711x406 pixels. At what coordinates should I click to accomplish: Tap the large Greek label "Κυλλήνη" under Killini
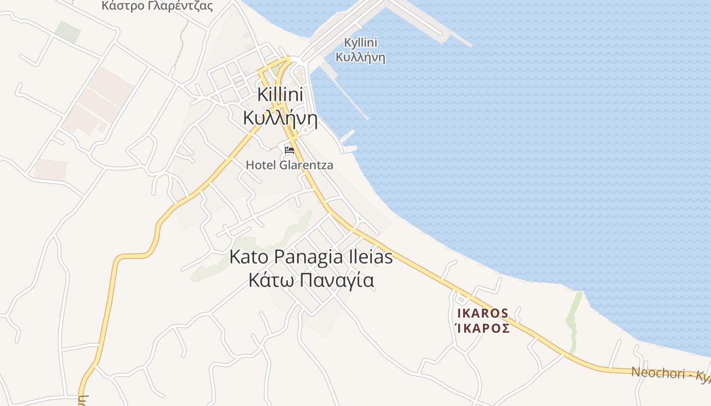click(280, 118)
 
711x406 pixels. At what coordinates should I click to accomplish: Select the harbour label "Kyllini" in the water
click(361, 43)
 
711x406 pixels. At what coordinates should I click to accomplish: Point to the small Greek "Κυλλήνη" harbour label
click(361, 57)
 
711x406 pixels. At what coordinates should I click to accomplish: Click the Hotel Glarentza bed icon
click(289, 150)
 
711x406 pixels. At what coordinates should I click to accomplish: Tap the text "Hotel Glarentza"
click(289, 165)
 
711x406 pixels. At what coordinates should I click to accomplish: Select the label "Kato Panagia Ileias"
click(311, 257)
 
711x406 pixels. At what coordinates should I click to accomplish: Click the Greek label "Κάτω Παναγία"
click(311, 280)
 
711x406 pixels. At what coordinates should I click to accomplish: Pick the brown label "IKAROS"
click(483, 313)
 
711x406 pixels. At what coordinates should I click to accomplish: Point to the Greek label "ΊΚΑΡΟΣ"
click(483, 328)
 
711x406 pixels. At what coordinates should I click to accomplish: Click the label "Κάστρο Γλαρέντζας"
click(157, 6)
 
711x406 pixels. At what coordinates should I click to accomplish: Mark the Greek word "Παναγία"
click(335, 281)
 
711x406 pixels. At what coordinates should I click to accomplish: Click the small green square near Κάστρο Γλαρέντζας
click(68, 31)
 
